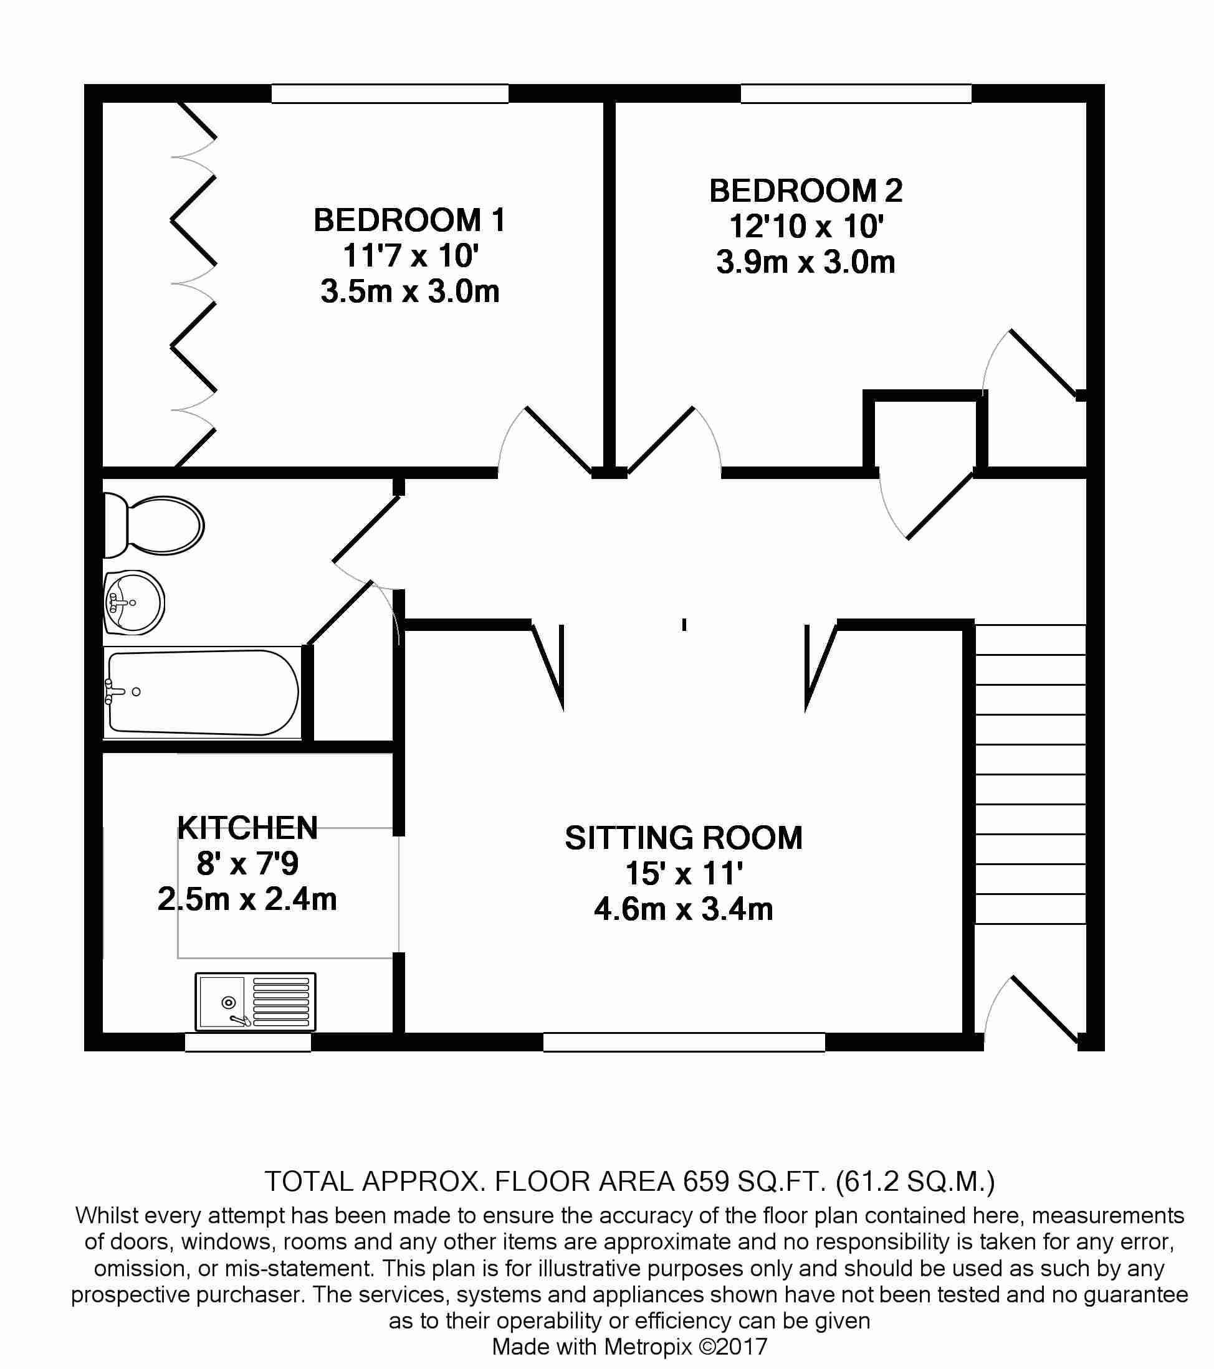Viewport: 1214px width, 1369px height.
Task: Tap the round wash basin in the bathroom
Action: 134,603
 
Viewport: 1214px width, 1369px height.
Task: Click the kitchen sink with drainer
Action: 255,1002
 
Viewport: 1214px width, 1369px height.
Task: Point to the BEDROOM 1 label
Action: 409,220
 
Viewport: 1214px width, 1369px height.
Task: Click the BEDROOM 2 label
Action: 805,191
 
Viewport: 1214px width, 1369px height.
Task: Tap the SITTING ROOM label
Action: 684,838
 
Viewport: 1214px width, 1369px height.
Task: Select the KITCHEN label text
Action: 247,828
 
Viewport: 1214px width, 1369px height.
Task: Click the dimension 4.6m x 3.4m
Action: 684,909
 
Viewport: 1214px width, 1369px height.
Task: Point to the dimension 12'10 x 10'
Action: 805,226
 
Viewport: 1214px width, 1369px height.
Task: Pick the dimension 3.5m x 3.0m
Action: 409,291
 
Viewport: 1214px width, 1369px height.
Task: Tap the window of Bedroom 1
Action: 390,94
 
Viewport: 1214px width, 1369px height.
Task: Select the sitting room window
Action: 684,1042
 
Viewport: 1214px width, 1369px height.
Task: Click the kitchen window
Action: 247,1043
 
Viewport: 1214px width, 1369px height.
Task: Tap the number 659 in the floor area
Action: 705,1182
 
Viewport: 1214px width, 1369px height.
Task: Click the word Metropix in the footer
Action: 648,1346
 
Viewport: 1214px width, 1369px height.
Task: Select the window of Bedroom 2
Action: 856,94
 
